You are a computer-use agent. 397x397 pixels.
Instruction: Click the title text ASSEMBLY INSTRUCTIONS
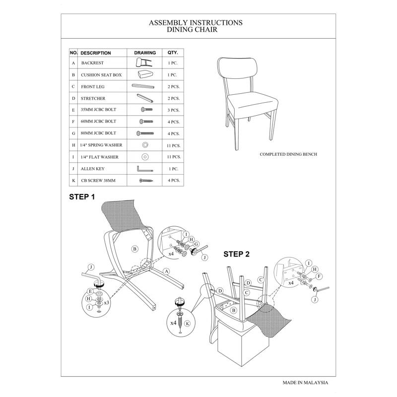tap(196, 22)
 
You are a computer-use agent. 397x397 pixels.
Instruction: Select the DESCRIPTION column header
tap(96, 53)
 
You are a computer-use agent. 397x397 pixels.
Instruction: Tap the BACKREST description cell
tap(93, 64)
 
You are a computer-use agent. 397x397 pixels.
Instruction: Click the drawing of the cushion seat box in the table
tap(144, 75)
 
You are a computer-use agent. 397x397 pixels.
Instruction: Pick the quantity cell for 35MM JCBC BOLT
tap(173, 110)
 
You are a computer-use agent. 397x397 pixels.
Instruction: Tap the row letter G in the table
tap(73, 133)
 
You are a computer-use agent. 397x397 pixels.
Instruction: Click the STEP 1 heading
tap(82, 197)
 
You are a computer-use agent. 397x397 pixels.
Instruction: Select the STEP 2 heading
tap(236, 254)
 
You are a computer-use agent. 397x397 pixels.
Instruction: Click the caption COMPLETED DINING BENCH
tap(288, 154)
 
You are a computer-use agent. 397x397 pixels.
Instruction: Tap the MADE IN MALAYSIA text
tap(305, 383)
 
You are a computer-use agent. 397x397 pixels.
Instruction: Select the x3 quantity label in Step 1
tap(106, 302)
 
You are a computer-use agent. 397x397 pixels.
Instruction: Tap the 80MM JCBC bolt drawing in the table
tap(144, 133)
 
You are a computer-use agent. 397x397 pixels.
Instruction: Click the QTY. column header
tap(173, 53)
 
